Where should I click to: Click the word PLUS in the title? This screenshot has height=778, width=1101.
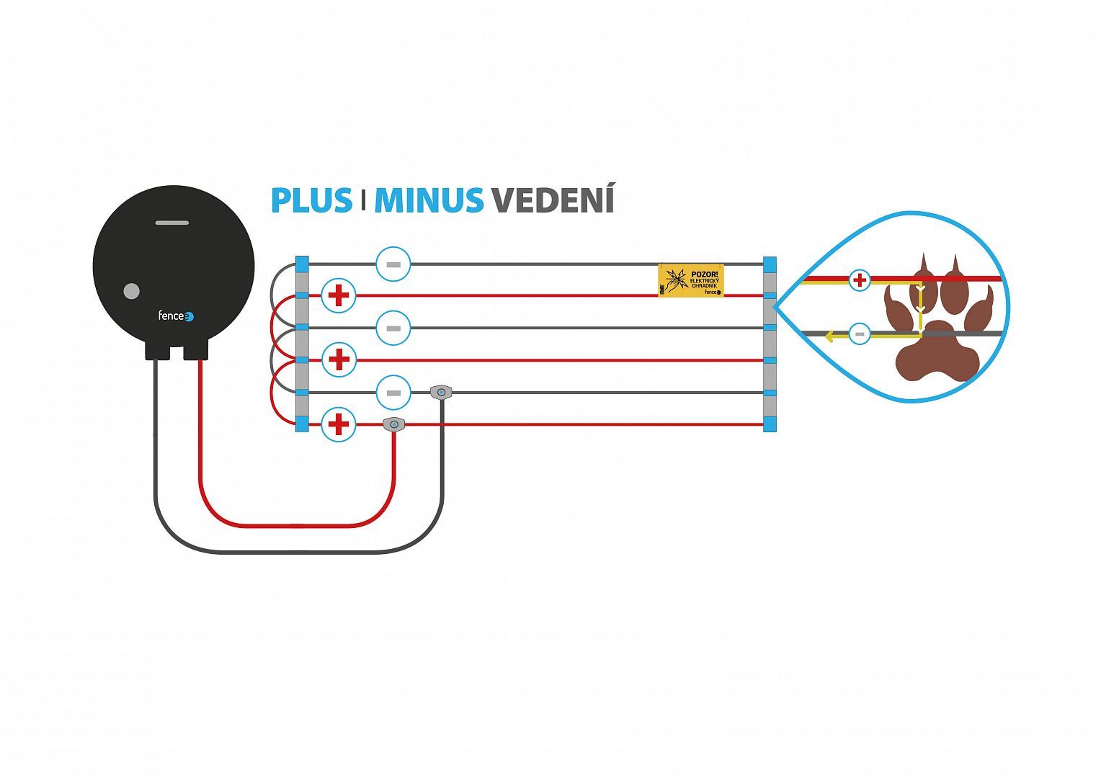(x=311, y=200)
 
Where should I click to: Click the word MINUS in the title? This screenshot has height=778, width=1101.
(x=429, y=200)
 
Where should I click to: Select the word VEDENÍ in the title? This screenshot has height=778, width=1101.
(x=553, y=200)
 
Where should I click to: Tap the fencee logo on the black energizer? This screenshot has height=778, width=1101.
(x=176, y=316)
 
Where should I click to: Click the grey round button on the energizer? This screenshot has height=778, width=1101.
(x=131, y=291)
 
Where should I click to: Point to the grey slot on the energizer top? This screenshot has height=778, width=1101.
(x=172, y=223)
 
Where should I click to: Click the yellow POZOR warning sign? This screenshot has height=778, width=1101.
(x=690, y=280)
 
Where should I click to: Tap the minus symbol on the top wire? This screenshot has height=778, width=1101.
(x=393, y=264)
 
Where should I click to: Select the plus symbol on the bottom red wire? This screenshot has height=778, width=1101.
(x=338, y=424)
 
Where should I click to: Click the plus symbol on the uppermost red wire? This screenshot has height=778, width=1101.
(x=338, y=295)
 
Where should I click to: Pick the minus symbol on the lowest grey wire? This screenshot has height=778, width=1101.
(x=393, y=393)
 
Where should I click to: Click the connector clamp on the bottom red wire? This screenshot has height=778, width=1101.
(x=393, y=424)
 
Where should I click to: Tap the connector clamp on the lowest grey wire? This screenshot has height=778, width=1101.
(x=441, y=392)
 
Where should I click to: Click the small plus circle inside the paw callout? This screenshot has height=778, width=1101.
(x=859, y=280)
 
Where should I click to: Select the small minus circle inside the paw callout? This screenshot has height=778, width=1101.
(x=859, y=334)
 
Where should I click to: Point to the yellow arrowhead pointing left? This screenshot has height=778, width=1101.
(x=830, y=336)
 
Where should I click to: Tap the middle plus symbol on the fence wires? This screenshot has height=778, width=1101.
(x=338, y=359)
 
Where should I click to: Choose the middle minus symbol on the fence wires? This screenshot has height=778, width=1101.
(x=393, y=328)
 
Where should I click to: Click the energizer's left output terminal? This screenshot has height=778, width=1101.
(x=158, y=350)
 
